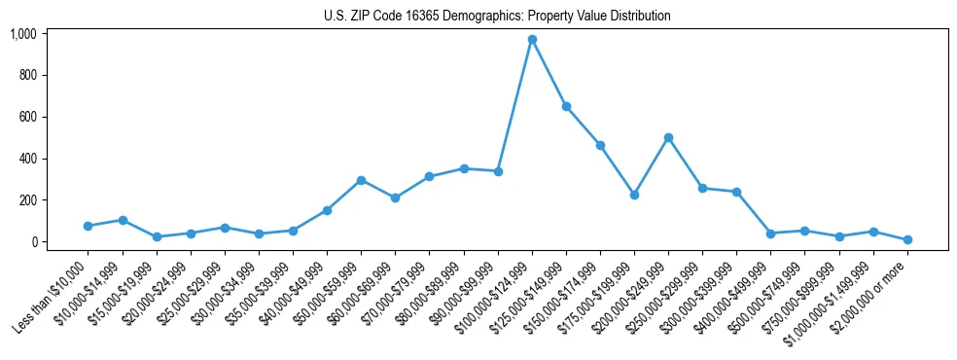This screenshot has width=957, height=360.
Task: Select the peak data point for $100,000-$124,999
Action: (x=532, y=39)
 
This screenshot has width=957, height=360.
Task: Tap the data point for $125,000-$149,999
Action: (x=566, y=106)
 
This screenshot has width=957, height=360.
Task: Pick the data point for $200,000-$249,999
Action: (x=668, y=137)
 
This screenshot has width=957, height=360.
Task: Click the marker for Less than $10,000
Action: (x=88, y=226)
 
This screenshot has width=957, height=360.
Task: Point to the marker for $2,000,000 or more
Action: (x=907, y=239)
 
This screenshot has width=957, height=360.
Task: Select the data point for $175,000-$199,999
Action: (x=634, y=195)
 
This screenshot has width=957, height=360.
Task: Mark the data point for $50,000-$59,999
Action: (x=361, y=180)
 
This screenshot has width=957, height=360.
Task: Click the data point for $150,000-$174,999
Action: (x=600, y=145)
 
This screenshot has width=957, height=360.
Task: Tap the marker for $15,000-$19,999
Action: (x=157, y=236)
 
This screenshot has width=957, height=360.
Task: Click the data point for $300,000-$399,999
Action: (x=736, y=192)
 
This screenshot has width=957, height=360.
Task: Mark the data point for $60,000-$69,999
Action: (x=395, y=198)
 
